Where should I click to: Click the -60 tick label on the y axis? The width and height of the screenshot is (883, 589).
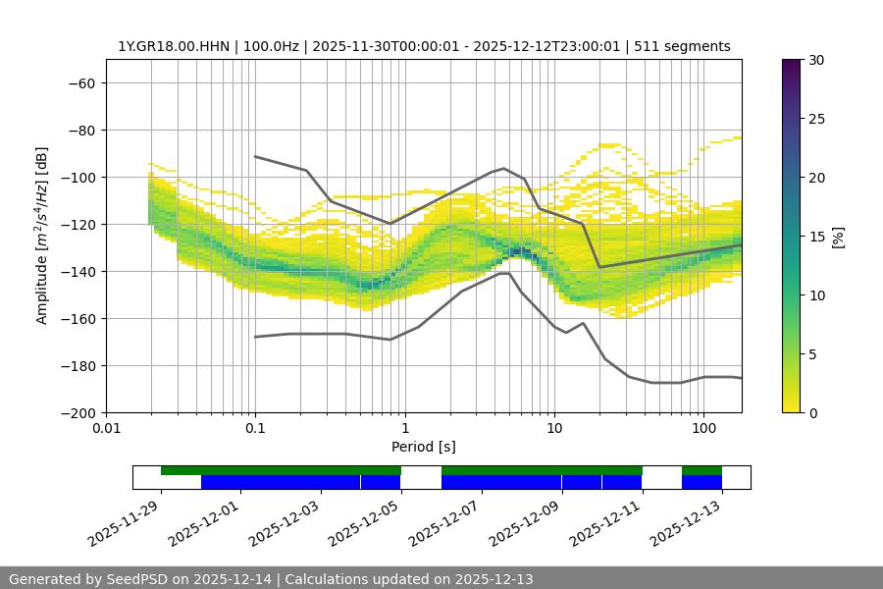click(80, 82)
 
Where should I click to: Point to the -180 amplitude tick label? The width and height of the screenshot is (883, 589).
click(77, 365)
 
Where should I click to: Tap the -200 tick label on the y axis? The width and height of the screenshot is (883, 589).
click(77, 412)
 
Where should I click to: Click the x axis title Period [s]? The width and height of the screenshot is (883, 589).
click(424, 448)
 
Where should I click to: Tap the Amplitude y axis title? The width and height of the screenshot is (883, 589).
click(42, 236)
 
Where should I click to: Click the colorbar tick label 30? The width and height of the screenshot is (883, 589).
click(814, 60)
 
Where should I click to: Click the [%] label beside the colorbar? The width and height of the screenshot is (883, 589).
click(838, 237)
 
